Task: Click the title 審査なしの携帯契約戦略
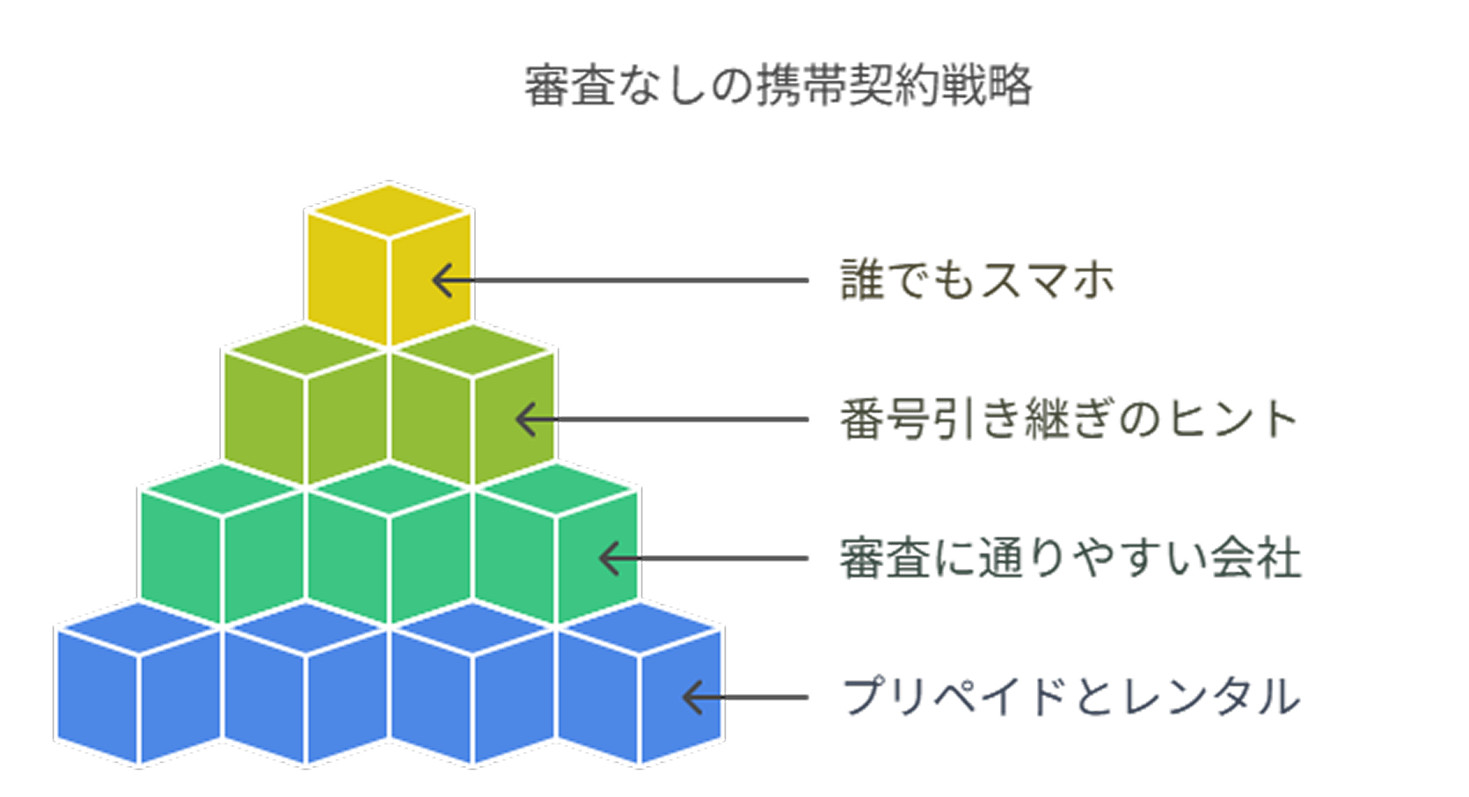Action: [x=778, y=86]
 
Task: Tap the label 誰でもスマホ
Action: [x=977, y=280]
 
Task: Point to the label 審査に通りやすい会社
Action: [x=1071, y=558]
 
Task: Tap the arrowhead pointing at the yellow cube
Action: [x=443, y=280]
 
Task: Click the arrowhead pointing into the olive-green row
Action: [x=526, y=419]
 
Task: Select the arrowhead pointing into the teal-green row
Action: [x=609, y=558]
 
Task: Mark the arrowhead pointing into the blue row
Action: [x=693, y=697]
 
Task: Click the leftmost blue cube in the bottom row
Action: [x=139, y=683]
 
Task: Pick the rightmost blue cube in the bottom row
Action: [x=640, y=683]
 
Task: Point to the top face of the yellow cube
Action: [x=389, y=211]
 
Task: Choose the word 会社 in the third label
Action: [x=1256, y=558]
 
